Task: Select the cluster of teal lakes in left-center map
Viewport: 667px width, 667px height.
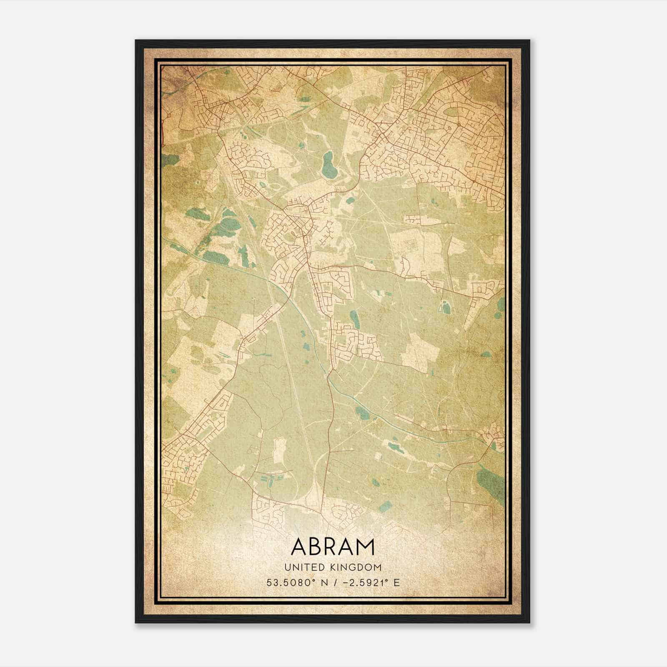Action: (x=221, y=238)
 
